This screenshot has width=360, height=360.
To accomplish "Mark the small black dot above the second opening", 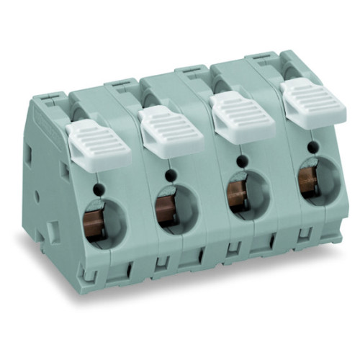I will [170, 175].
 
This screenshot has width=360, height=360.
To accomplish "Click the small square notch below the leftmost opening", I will [91, 271].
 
